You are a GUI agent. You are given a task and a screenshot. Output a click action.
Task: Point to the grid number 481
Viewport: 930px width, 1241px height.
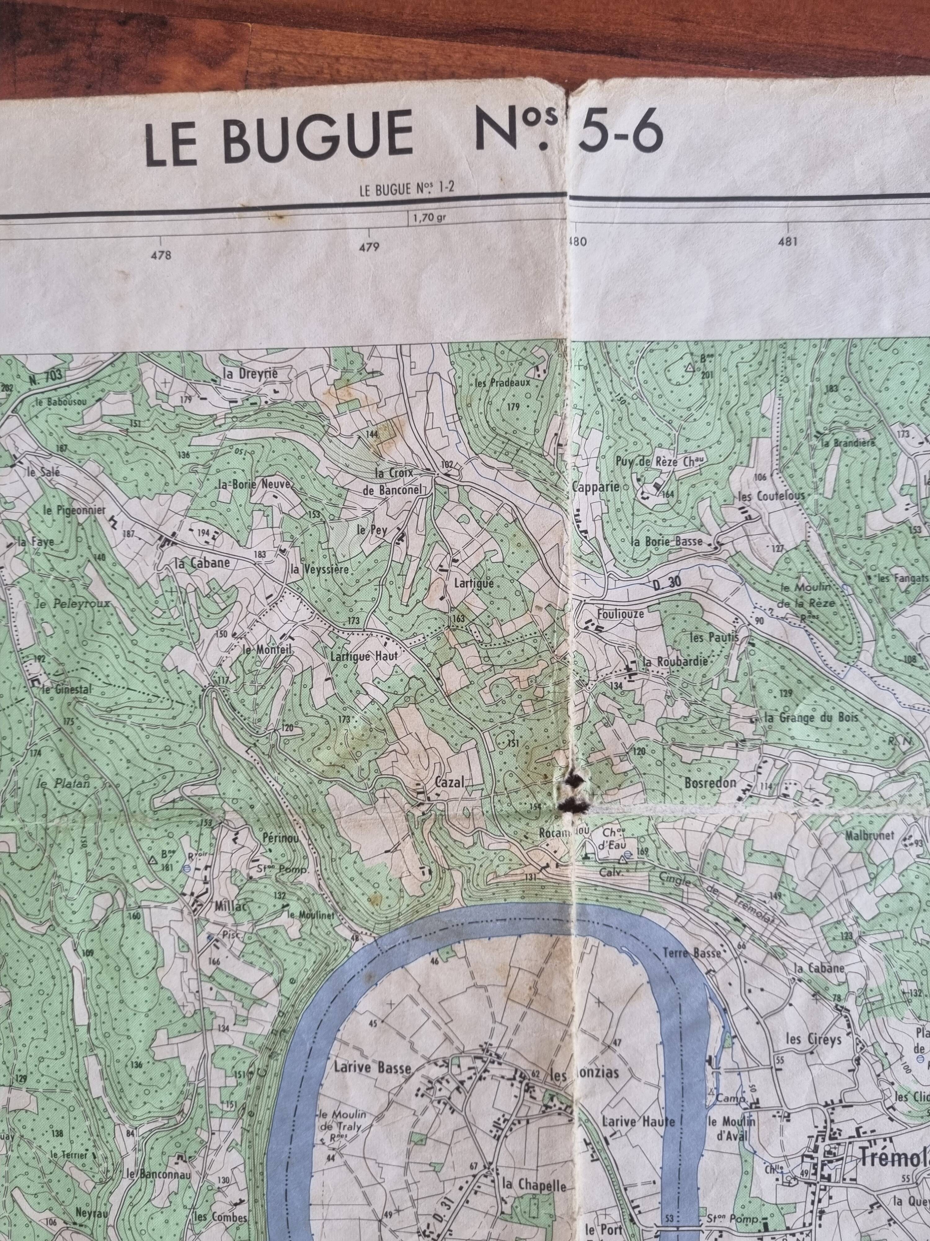click(788, 242)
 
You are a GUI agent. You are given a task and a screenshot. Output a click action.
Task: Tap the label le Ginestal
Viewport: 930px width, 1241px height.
click(66, 689)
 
